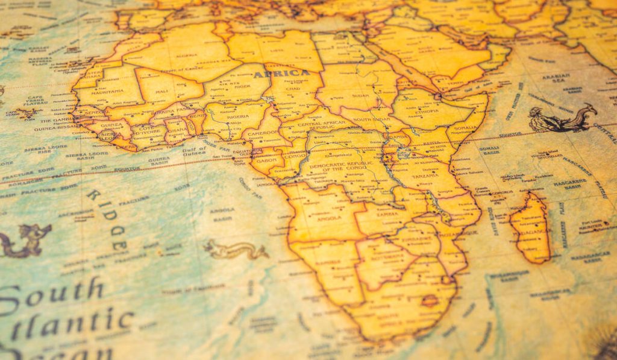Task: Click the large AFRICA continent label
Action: (x=281, y=74)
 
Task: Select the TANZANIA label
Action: (x=425, y=175)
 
